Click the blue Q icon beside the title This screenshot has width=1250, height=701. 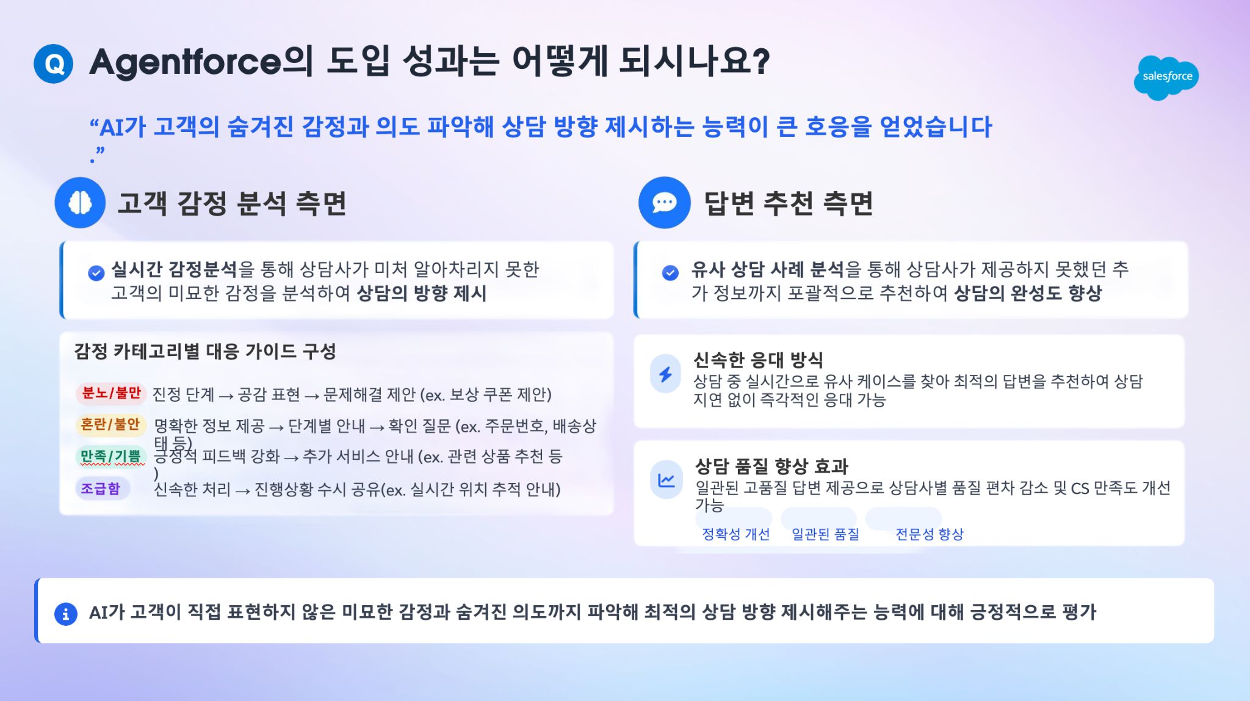click(54, 64)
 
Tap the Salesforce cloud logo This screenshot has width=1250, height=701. click(1166, 78)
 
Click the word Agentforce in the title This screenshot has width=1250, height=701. click(186, 63)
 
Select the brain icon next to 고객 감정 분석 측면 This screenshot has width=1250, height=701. click(80, 203)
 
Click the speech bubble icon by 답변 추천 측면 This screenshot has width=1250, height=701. click(665, 203)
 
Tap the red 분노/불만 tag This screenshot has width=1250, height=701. click(111, 393)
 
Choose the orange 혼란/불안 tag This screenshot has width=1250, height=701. click(110, 424)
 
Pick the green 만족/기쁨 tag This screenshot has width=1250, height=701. click(110, 456)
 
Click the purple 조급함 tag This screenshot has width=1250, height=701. click(101, 489)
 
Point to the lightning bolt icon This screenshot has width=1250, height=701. click(666, 374)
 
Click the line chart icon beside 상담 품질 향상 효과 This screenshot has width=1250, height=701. click(666, 480)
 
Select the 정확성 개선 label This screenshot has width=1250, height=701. click(735, 534)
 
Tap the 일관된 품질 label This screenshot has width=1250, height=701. click(825, 534)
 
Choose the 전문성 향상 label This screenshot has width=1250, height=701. click(929, 534)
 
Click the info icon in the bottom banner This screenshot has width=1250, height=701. click(66, 614)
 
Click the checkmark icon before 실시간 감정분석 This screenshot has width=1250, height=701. click(96, 273)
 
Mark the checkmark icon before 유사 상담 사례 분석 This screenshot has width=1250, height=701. click(670, 272)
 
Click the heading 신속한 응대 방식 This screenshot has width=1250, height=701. click(758, 360)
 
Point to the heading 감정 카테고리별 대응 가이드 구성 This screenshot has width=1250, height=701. click(205, 351)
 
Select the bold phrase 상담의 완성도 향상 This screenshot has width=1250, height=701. click(1028, 293)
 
